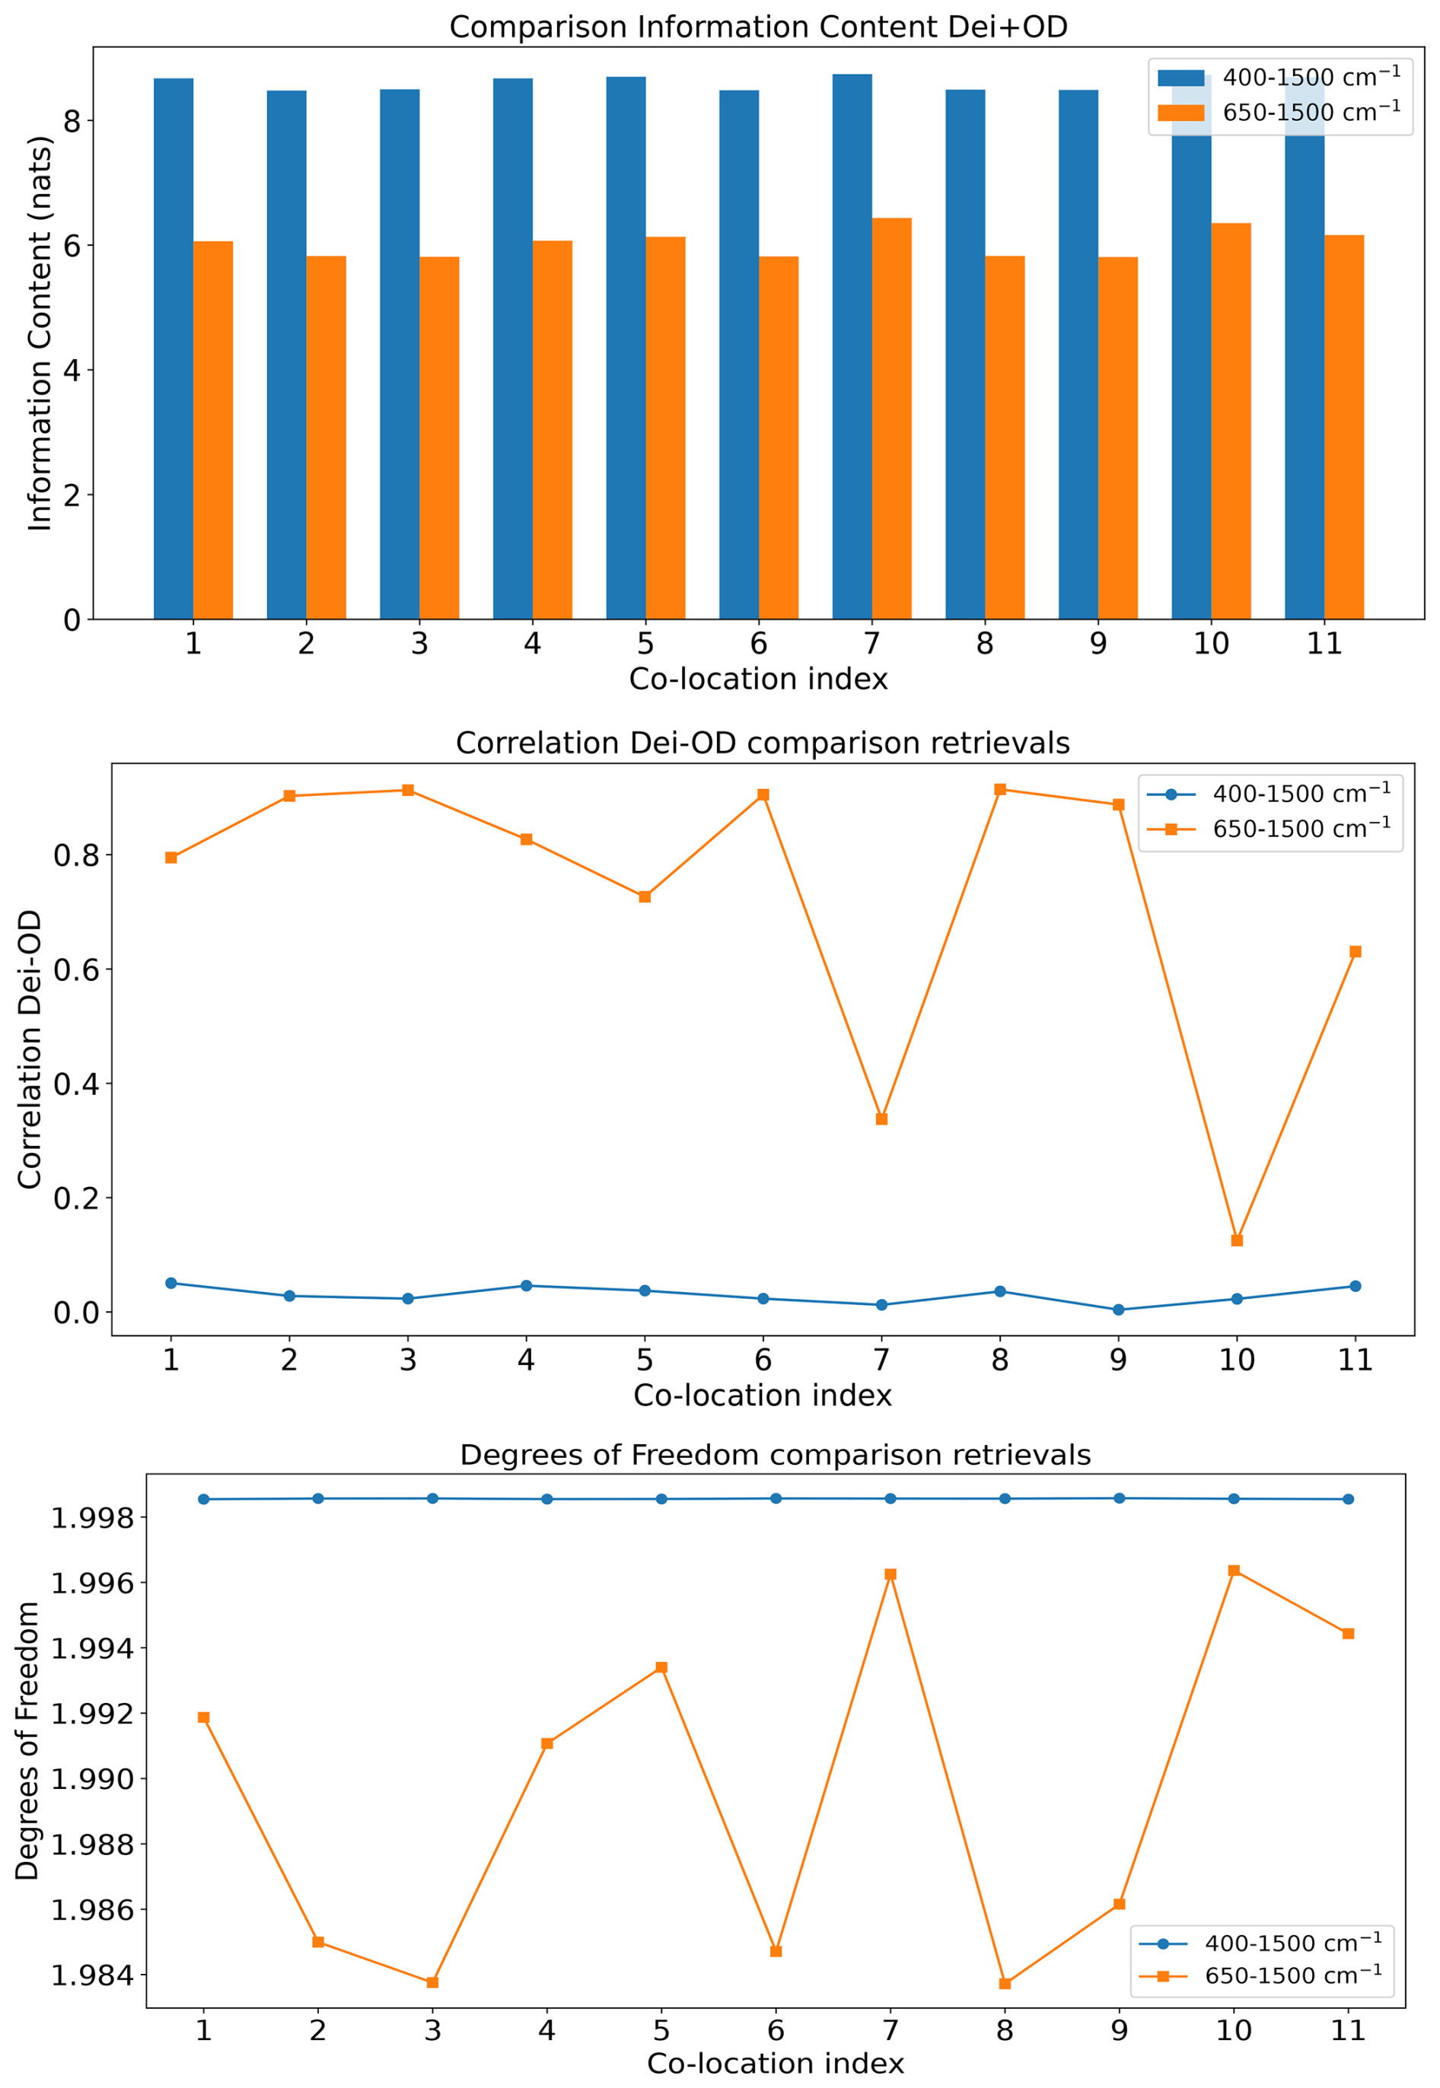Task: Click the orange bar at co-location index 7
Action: (891, 419)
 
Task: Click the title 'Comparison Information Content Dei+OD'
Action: (758, 27)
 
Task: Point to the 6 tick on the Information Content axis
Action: (72, 245)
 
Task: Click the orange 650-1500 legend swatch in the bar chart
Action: (1180, 113)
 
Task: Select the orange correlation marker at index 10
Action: (1237, 1240)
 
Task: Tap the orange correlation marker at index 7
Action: (881, 1119)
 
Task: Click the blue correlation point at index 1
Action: (170, 1283)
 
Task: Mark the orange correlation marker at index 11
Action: (1356, 952)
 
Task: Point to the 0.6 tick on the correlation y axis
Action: (77, 969)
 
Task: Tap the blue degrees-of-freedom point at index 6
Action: (776, 1498)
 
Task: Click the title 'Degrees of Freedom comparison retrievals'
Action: (775, 1455)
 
